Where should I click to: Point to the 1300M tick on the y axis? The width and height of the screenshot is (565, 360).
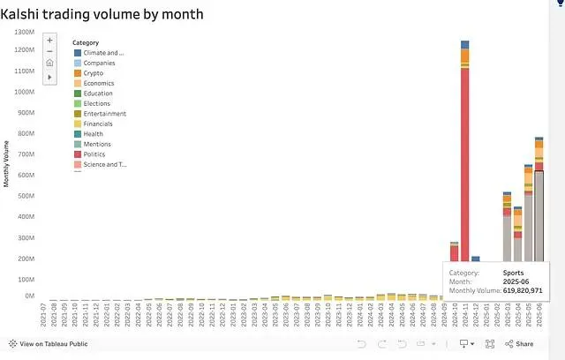(24, 31)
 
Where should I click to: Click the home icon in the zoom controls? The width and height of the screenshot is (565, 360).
(49, 64)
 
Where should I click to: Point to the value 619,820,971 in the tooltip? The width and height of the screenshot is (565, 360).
(522, 290)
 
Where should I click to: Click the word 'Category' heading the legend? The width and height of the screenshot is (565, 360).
(86, 42)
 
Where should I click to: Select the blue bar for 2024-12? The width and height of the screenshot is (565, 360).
(475, 259)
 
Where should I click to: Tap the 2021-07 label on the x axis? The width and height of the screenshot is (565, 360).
(44, 315)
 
